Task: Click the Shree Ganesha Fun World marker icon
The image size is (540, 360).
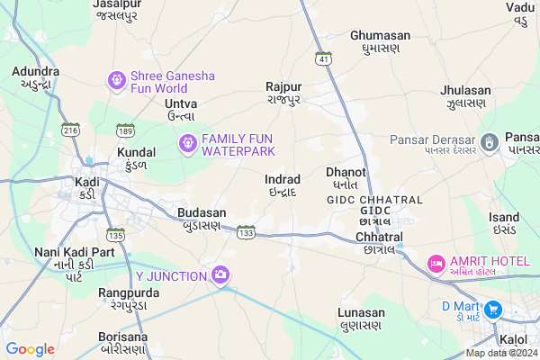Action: [x=116, y=81]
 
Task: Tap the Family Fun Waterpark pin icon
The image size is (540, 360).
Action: [x=187, y=141]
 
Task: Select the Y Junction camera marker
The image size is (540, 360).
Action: [x=220, y=274]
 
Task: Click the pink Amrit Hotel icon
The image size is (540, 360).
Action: [x=436, y=264]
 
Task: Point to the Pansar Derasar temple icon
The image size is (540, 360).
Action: [x=490, y=141]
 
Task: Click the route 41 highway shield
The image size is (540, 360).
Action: [x=322, y=58]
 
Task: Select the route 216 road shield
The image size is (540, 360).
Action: [x=70, y=130]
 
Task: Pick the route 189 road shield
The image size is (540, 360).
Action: [x=126, y=130]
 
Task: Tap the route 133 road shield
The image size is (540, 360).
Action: [x=246, y=233]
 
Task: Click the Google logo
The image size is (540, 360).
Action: [x=30, y=348]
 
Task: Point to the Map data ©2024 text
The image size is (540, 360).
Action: [x=499, y=352]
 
